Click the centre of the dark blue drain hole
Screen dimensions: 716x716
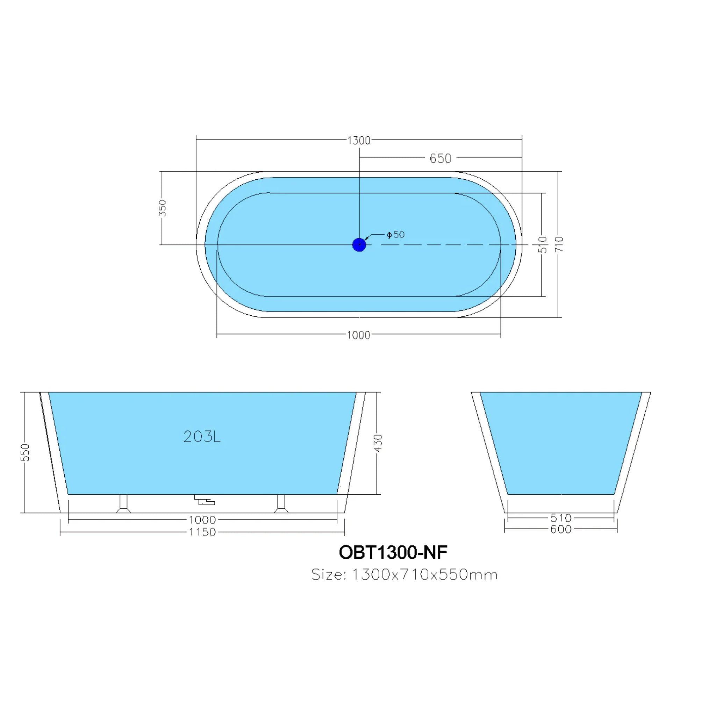tap(359, 245)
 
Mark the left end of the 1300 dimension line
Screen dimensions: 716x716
tap(196, 140)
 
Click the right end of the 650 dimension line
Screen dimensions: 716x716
tap(522, 158)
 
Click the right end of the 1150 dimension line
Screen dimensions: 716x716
tap(345, 532)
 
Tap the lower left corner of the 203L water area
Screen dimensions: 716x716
tap(68, 494)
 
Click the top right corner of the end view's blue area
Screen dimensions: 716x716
tap(642, 393)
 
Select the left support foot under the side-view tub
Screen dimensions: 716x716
tap(123, 504)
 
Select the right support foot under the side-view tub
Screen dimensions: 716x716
tap(281, 504)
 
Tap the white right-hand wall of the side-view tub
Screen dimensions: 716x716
tap(351, 452)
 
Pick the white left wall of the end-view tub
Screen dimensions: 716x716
tap(489, 452)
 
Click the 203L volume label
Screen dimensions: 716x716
tap(202, 437)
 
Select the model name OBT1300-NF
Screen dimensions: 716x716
tap(393, 552)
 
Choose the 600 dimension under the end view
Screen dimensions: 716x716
tap(561, 529)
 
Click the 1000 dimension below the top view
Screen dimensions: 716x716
tap(359, 335)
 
